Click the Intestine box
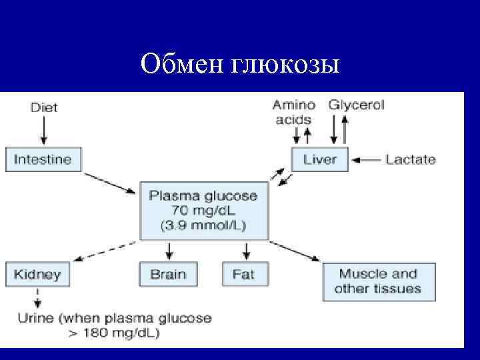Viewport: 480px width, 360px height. tap(43, 160)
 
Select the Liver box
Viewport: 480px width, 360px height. tap(320, 160)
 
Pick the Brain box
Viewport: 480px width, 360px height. tap(169, 274)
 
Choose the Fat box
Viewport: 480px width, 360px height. tap(243, 274)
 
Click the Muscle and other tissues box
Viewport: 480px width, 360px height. tap(378, 281)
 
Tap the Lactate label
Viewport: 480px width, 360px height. tap(410, 160)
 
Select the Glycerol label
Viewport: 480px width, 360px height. tap(356, 105)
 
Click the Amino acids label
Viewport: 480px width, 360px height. tap(293, 112)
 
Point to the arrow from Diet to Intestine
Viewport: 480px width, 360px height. tap(43, 130)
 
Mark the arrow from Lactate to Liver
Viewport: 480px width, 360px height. tap(366, 160)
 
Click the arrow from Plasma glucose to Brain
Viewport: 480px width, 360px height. tap(169, 251)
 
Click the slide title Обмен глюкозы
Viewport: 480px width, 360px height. tap(240, 65)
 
